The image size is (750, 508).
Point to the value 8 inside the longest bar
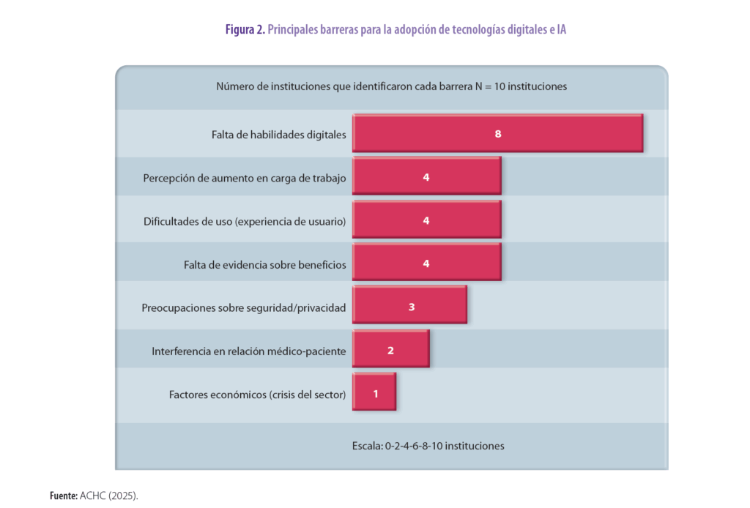click(497, 134)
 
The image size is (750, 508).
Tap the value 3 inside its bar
click(412, 307)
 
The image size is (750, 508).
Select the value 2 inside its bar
click(390, 350)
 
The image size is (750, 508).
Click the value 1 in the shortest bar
click(376, 393)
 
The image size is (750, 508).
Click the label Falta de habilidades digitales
click(279, 135)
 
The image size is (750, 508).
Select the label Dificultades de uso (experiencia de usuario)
click(245, 221)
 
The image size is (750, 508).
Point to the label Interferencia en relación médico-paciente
click(249, 351)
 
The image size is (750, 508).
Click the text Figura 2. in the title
click(245, 29)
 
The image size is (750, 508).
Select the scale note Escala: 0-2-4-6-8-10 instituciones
click(428, 445)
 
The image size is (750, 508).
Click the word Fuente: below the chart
click(64, 496)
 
